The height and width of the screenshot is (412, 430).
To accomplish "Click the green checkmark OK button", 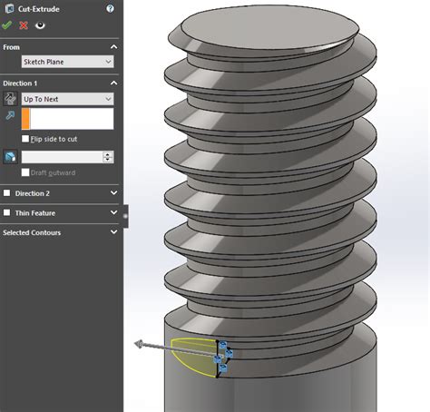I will tap(8, 25).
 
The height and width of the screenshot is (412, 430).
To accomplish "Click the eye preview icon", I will tap(40, 25).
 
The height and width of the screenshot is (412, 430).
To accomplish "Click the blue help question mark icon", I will tap(110, 8).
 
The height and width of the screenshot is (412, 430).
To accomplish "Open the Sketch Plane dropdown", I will tap(68, 62).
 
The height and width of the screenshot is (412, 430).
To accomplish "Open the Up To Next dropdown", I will tap(68, 99).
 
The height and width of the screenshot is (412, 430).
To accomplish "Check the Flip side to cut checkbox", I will tap(25, 138).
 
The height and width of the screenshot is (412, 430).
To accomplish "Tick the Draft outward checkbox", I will tap(25, 173).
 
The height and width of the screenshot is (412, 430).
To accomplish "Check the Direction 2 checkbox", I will tap(8, 193).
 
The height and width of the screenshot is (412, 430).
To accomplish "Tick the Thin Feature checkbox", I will tap(8, 212).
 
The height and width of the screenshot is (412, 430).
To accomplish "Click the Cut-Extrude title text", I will tap(37, 8).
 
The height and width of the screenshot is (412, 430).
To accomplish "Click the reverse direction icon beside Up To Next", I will tap(10, 99).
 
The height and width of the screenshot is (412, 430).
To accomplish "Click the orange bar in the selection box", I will tap(26, 118).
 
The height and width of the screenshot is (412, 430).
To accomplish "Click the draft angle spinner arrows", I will tap(109, 157).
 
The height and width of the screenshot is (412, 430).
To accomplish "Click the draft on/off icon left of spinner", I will tap(10, 157).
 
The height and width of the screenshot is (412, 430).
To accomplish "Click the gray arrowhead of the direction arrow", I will tap(139, 344).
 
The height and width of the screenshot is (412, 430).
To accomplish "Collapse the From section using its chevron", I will tap(113, 45).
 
